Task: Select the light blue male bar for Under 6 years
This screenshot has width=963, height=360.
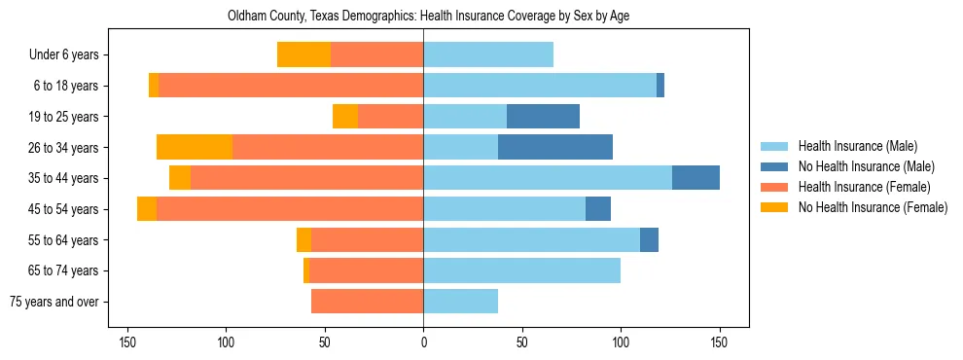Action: click(x=488, y=54)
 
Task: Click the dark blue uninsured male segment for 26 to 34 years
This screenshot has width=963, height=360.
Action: click(x=555, y=147)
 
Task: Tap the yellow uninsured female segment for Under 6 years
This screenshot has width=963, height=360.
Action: click(x=303, y=54)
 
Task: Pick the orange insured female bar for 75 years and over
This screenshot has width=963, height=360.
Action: click(x=367, y=302)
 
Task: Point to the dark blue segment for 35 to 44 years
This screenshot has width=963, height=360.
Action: click(x=695, y=178)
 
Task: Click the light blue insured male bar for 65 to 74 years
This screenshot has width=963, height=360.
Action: click(x=521, y=270)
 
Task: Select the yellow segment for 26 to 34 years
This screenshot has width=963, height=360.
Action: click(x=195, y=147)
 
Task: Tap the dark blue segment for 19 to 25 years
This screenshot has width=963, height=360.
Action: click(x=543, y=117)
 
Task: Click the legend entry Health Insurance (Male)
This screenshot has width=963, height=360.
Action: click(x=857, y=146)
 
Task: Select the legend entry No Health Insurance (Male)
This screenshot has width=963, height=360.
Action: click(x=866, y=166)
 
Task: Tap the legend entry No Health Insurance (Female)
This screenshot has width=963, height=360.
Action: click(x=873, y=207)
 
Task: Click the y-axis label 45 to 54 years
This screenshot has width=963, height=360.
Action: click(x=65, y=209)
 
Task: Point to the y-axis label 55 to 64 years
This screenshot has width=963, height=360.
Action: click(x=65, y=240)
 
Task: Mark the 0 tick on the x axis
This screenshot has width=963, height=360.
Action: click(x=423, y=342)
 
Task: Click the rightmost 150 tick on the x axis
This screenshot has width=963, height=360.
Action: click(x=719, y=342)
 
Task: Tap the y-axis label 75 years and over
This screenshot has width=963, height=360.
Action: click(x=54, y=302)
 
